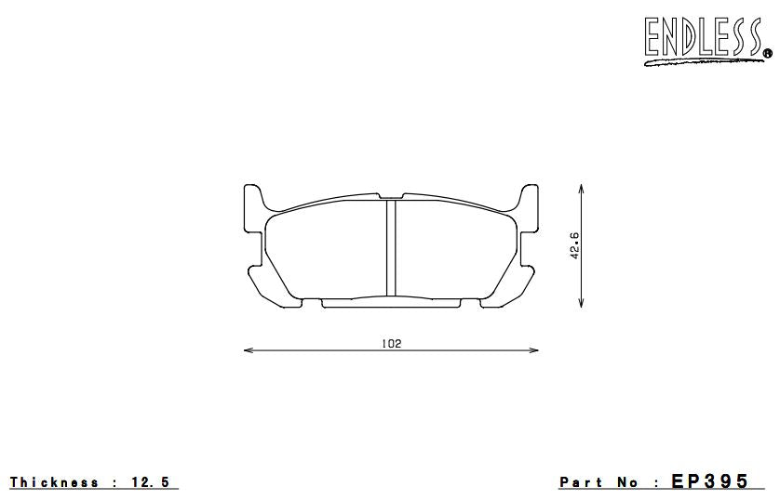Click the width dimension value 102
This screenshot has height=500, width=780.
391,343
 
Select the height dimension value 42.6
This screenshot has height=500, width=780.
575,245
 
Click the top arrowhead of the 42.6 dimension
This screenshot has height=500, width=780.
582,189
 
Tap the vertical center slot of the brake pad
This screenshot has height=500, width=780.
391,247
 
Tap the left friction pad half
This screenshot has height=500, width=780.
326,251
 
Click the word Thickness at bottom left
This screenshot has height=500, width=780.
55,482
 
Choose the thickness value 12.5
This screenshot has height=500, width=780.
152,482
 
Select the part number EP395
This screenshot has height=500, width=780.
711,481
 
